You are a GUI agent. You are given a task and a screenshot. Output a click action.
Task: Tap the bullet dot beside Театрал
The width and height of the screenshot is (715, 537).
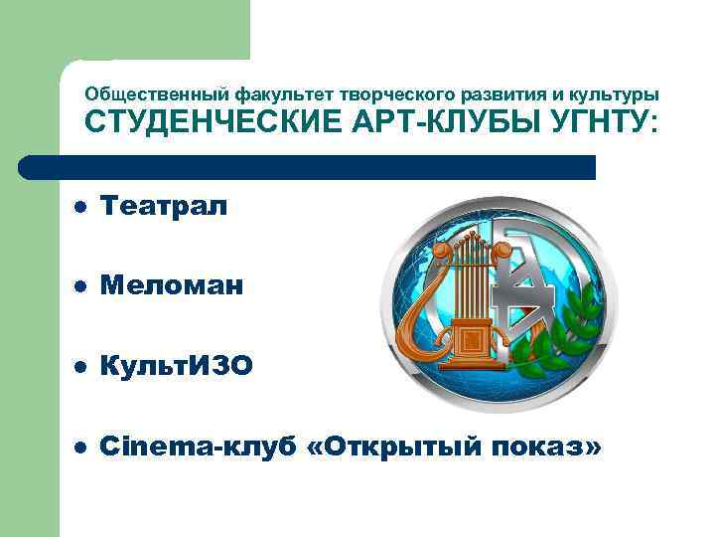80,207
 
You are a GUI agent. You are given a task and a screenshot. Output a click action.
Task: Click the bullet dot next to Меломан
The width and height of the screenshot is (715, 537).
80,287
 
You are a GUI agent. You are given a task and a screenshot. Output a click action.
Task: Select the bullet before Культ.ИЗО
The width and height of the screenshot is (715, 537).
80,368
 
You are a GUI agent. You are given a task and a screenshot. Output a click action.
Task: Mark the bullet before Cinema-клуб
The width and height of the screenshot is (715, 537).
80,448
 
